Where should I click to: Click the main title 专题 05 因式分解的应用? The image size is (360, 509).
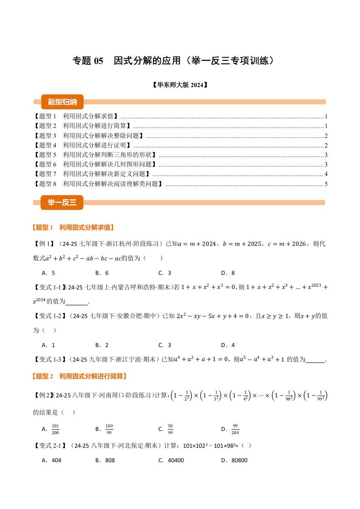click(x=174, y=61)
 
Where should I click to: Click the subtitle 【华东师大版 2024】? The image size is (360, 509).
click(x=180, y=84)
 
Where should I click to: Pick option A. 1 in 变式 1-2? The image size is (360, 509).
click(x=48, y=345)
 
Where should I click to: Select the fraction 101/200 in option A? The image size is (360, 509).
click(x=56, y=428)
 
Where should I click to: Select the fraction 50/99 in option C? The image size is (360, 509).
click(x=170, y=428)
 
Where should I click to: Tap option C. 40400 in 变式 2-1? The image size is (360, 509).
click(x=171, y=460)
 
